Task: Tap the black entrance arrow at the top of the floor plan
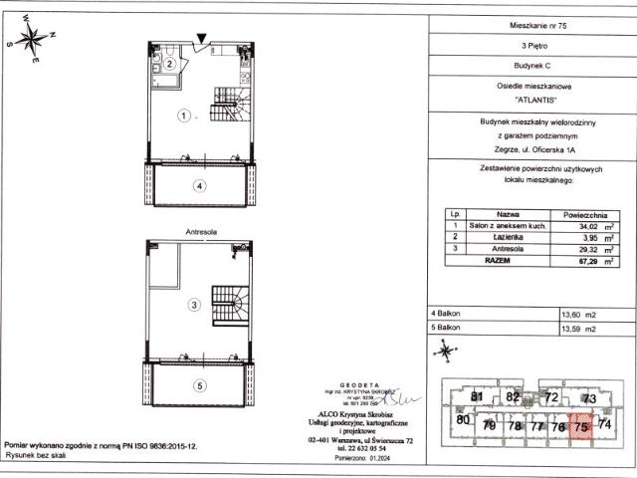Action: tap(203, 40)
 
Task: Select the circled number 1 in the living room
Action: tap(183, 116)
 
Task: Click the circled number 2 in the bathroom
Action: tap(170, 64)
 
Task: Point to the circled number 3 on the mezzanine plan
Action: tap(196, 304)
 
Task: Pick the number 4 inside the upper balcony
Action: tap(199, 185)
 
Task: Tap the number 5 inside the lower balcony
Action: tap(199, 385)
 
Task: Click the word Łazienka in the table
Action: tap(495, 239)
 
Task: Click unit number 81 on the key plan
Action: tap(477, 398)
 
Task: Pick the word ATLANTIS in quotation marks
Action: tap(529, 101)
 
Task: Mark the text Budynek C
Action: tap(529, 66)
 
